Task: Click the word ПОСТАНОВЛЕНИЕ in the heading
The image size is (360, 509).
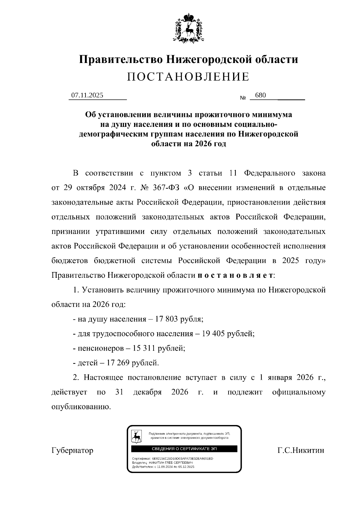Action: pos(188,77)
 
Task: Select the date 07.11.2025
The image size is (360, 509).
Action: pos(87,95)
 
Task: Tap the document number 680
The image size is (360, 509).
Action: pos(260,95)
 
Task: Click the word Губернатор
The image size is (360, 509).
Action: pos(72,451)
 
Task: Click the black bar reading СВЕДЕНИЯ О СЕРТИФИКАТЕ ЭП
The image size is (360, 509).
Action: pos(184,449)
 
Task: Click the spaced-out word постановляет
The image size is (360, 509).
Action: pos(235,275)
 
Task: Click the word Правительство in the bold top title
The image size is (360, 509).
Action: pos(120,59)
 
